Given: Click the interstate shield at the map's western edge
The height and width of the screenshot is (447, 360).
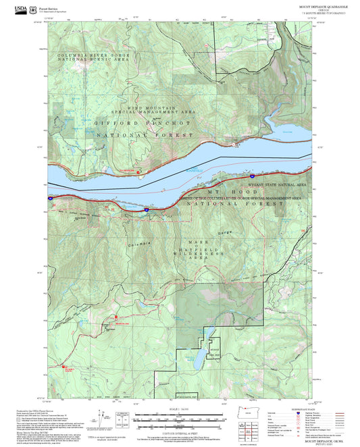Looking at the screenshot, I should point(51,199).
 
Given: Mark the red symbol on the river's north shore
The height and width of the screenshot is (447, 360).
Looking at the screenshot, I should point(139,172).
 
